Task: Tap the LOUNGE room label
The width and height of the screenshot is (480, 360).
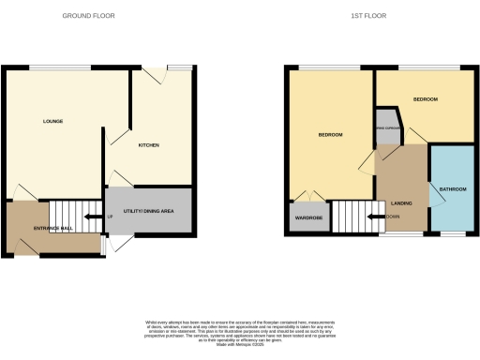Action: pyautogui.click(x=52, y=122)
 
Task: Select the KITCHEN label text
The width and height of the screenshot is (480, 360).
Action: pyautogui.click(x=149, y=145)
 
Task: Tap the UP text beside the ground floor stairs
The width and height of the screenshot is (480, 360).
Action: pyautogui.click(x=111, y=217)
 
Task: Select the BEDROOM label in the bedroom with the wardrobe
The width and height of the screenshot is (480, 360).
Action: pyautogui.click(x=330, y=135)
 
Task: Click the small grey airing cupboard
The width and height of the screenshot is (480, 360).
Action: pyautogui.click(x=385, y=132)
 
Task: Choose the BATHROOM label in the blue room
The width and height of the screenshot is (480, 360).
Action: pyautogui.click(x=454, y=189)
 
